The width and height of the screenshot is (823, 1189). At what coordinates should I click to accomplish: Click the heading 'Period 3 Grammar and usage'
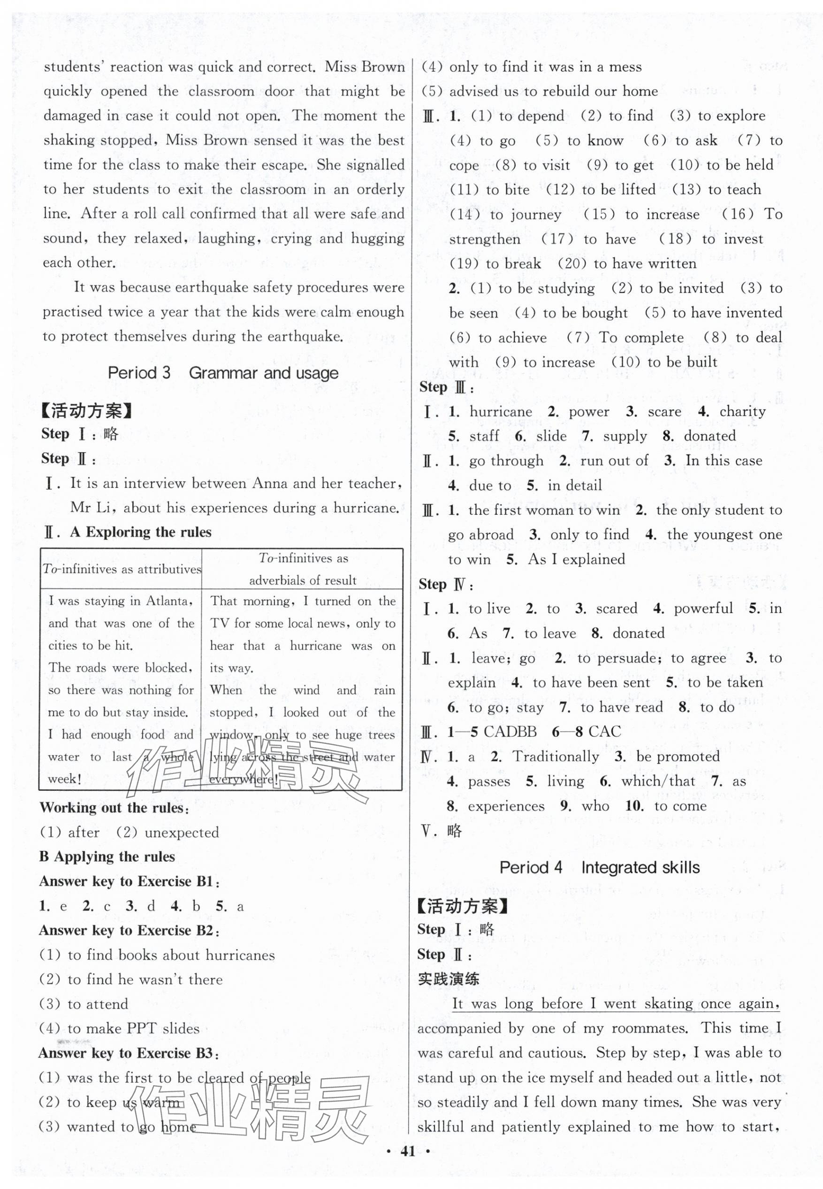click(223, 373)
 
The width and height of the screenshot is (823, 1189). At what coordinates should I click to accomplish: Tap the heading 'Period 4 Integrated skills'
click(599, 867)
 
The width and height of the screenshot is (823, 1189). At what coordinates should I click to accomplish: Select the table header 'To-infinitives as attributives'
click(121, 569)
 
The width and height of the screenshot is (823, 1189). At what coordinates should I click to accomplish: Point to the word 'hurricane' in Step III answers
click(500, 411)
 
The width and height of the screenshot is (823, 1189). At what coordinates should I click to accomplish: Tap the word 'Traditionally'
click(556, 757)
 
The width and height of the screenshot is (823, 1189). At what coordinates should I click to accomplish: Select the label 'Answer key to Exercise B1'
click(129, 881)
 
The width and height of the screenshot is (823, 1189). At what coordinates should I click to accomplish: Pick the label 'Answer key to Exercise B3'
click(129, 1053)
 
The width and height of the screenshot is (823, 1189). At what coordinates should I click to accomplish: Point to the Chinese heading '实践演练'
click(448, 979)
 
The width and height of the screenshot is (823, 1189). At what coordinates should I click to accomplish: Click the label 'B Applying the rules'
click(107, 857)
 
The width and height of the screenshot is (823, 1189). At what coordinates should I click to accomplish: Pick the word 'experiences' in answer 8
click(506, 806)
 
